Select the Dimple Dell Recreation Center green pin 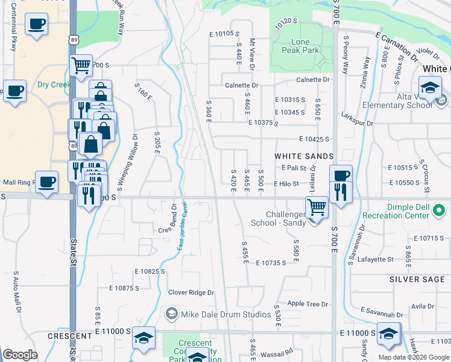(x=440, y=211)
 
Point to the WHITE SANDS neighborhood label (x=304, y=156)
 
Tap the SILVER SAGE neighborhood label (x=417, y=279)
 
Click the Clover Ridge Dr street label (x=191, y=293)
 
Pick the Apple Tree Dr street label (x=307, y=304)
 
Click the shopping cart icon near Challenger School (x=317, y=208)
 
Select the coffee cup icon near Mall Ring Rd (x=46, y=182)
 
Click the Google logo (x=20, y=355)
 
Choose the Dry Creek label (x=54, y=84)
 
